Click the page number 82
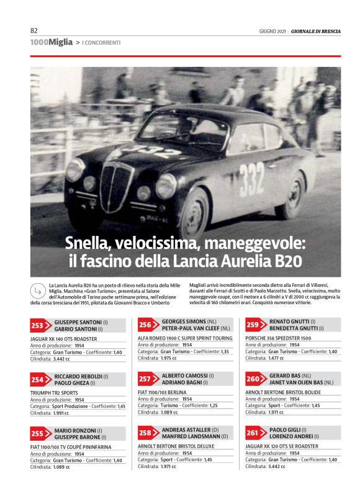(34, 30)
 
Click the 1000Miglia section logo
(52, 42)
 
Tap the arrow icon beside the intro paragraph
(39, 291)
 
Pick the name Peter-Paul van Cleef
(189, 328)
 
